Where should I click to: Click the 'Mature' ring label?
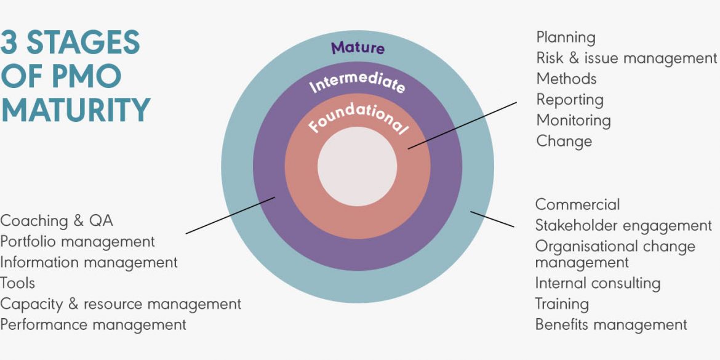click(358, 48)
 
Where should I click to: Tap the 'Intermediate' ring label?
click(358, 84)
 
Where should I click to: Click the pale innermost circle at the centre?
click(357, 167)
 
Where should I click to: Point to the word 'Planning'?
click(566, 38)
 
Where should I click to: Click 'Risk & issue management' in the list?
click(626, 58)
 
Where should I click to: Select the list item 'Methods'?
click(566, 79)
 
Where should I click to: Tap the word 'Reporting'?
click(570, 100)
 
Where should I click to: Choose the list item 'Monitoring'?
click(574, 120)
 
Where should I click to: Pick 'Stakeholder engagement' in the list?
click(623, 225)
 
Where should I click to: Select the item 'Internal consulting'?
click(598, 283)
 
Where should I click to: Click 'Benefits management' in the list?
click(611, 324)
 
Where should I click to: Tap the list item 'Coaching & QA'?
click(57, 220)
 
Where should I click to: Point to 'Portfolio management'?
click(78, 241)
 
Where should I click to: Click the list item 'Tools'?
click(18, 283)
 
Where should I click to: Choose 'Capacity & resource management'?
click(121, 304)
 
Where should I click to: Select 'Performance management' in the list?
click(93, 324)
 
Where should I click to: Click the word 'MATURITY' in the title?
click(75, 109)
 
